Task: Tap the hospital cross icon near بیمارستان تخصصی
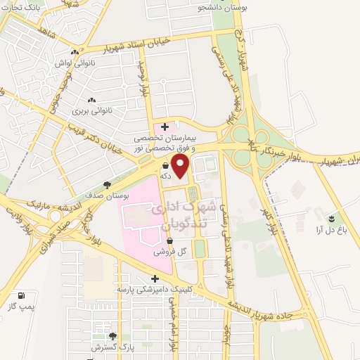point(165,127)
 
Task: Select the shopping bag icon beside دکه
point(165,166)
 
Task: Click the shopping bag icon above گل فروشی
point(169,242)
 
